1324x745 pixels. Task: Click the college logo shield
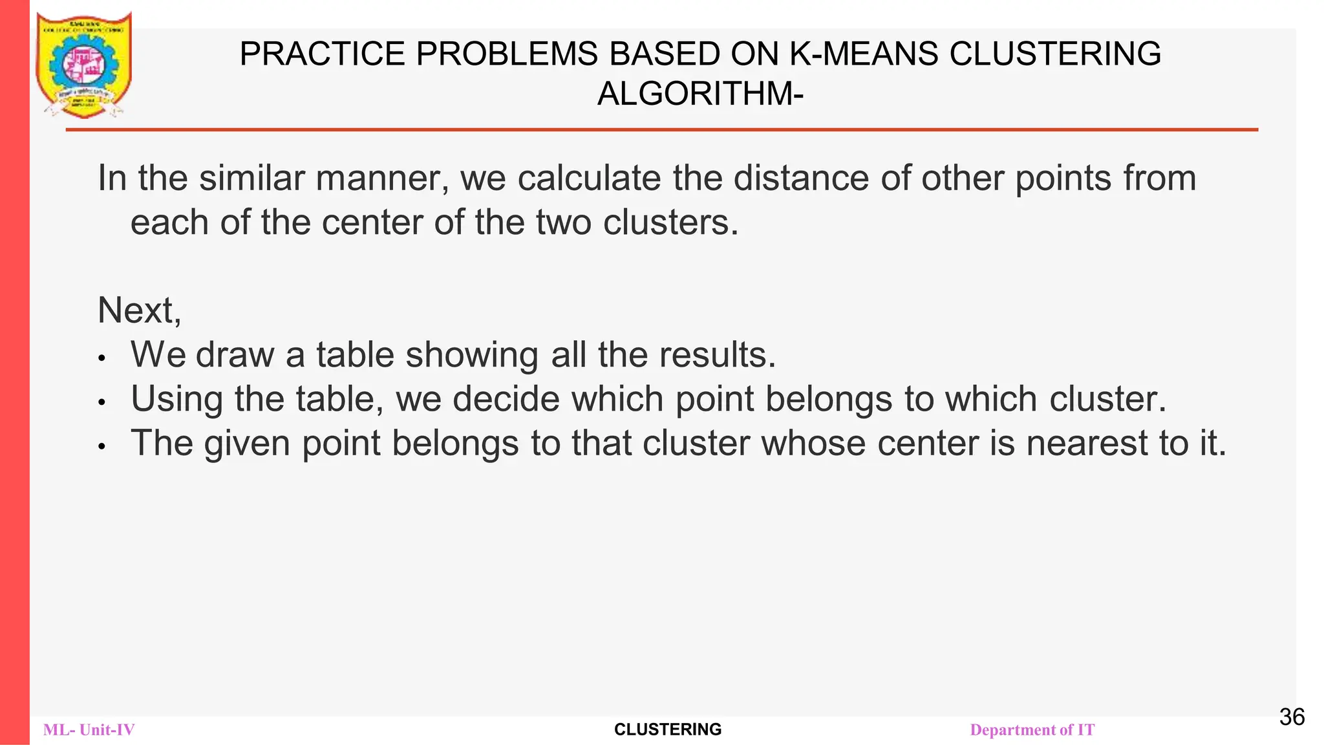coord(84,65)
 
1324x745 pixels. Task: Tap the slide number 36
coord(1292,717)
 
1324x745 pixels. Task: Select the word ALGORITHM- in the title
coord(700,94)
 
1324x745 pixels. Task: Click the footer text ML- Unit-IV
coord(89,730)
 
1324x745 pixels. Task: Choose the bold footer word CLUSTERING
coord(668,729)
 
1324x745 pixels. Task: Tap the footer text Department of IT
coord(1032,730)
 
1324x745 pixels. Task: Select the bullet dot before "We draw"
coord(101,358)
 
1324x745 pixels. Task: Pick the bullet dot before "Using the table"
coord(101,402)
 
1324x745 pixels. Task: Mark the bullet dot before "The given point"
coord(101,446)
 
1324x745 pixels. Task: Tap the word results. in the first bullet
coord(718,355)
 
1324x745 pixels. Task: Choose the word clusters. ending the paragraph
coord(670,222)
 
